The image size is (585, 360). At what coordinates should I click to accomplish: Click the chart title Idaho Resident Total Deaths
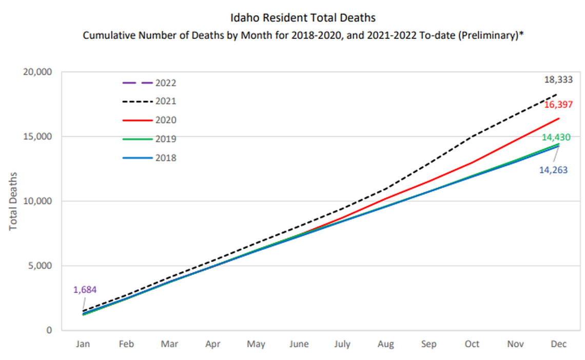[x=303, y=18]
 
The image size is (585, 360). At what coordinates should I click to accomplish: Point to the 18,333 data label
[x=558, y=79]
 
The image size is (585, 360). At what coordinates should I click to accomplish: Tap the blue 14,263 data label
[x=553, y=170]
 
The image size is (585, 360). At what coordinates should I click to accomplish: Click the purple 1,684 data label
[x=85, y=290]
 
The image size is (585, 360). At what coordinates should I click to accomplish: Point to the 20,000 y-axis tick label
[x=38, y=72]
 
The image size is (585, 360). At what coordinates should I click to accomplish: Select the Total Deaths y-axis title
[x=14, y=201]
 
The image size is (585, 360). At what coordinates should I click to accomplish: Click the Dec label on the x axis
[x=559, y=344]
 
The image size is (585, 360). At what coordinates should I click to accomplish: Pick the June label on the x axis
[x=298, y=344]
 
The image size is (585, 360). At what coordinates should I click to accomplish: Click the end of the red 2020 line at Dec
[x=558, y=118]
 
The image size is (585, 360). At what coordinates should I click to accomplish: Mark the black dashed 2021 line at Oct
[x=472, y=136]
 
